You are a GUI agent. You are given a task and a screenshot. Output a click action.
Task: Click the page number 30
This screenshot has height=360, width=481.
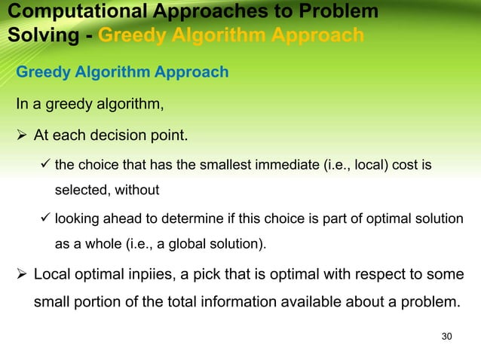point(446,335)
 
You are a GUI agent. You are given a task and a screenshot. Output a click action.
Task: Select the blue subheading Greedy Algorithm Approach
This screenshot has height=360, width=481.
point(122,72)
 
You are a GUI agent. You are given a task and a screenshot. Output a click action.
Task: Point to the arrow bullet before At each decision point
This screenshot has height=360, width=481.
point(21,136)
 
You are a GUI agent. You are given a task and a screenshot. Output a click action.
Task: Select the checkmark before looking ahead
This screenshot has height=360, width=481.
point(44,218)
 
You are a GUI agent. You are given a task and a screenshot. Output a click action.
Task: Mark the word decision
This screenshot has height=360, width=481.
point(124,136)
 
